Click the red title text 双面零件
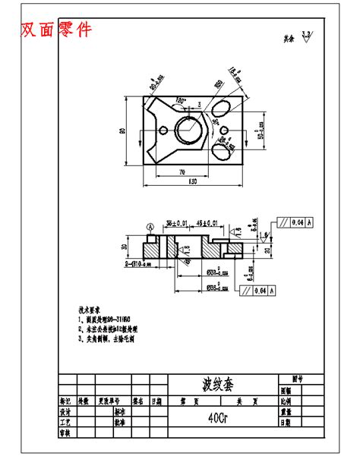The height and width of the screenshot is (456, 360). pyautogui.click(x=56, y=30)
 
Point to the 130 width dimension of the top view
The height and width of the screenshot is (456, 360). pyautogui.click(x=187, y=181)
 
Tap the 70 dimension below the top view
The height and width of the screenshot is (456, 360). pyautogui.click(x=182, y=172)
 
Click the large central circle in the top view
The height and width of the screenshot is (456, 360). pyautogui.click(x=187, y=128)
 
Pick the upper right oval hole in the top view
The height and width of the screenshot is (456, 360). pyautogui.click(x=225, y=105)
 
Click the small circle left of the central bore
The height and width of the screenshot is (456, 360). pyautogui.click(x=162, y=129)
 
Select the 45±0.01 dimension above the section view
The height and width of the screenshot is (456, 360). pyautogui.click(x=206, y=223)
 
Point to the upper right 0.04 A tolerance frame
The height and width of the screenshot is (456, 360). pyautogui.click(x=297, y=222)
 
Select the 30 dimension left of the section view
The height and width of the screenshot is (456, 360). pyautogui.click(x=125, y=247)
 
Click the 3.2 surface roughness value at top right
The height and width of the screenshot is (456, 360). pyautogui.click(x=306, y=34)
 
